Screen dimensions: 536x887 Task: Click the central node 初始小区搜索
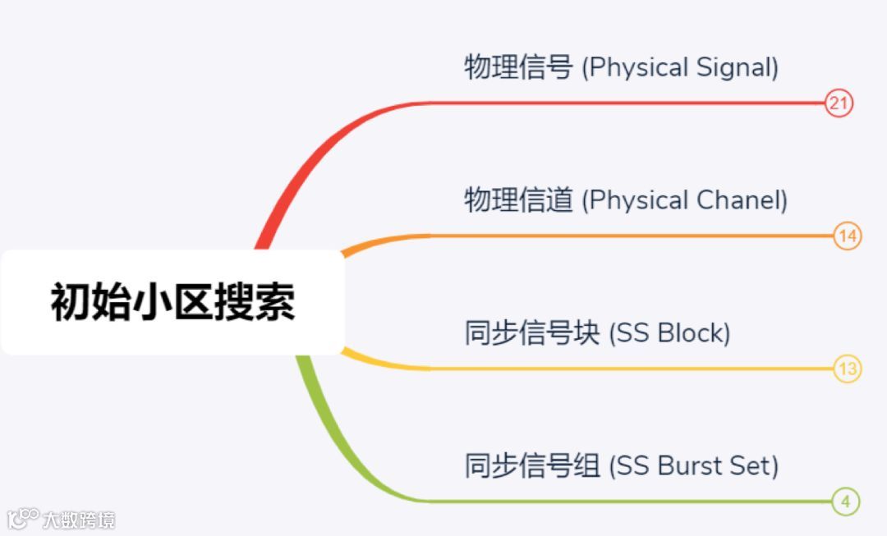pos(172,302)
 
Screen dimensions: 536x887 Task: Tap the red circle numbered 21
pos(839,103)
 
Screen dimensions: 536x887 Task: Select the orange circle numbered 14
pos(847,237)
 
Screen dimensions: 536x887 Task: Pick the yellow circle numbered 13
pos(847,369)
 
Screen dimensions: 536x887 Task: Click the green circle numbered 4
pos(845,502)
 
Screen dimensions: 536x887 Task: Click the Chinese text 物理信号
pos(518,67)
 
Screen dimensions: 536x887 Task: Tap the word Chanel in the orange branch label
pos(741,200)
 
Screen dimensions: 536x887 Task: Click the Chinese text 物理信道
pos(518,200)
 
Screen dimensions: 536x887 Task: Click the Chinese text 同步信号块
pos(532,333)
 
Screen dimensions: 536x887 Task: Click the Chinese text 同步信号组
pos(532,466)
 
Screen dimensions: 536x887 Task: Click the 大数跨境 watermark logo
pos(62,519)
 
